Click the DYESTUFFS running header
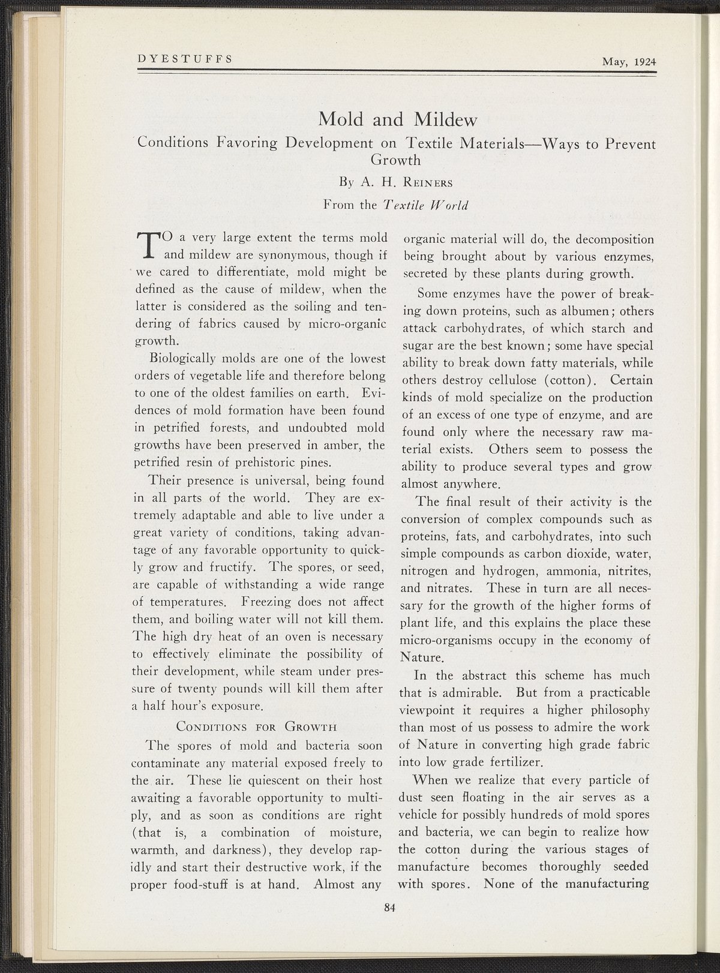pos(185,59)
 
